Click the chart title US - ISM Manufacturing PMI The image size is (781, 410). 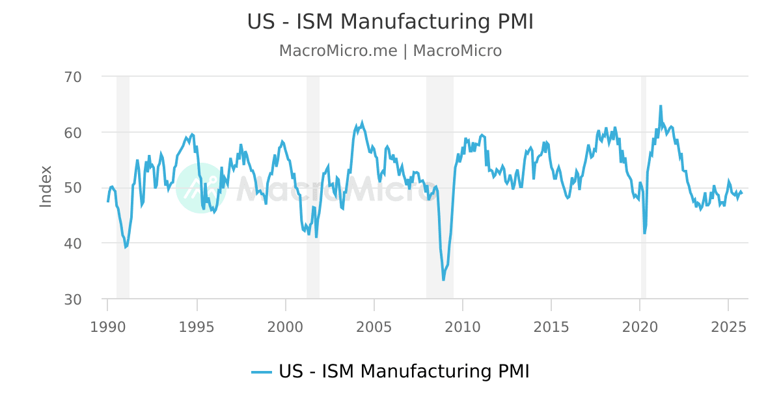point(390,21)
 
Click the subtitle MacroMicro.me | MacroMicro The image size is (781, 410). point(390,51)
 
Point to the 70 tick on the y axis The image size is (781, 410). point(73,77)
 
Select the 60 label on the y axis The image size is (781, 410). point(73,132)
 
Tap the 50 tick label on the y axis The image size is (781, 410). point(73,188)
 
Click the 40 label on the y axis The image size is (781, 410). point(73,243)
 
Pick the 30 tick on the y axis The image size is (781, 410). point(73,299)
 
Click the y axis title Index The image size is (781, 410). point(46,187)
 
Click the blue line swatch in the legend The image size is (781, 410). point(262,372)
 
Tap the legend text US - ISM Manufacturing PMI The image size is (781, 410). point(404,372)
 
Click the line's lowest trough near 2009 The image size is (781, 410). point(443,280)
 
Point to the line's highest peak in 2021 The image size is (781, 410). point(661,105)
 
